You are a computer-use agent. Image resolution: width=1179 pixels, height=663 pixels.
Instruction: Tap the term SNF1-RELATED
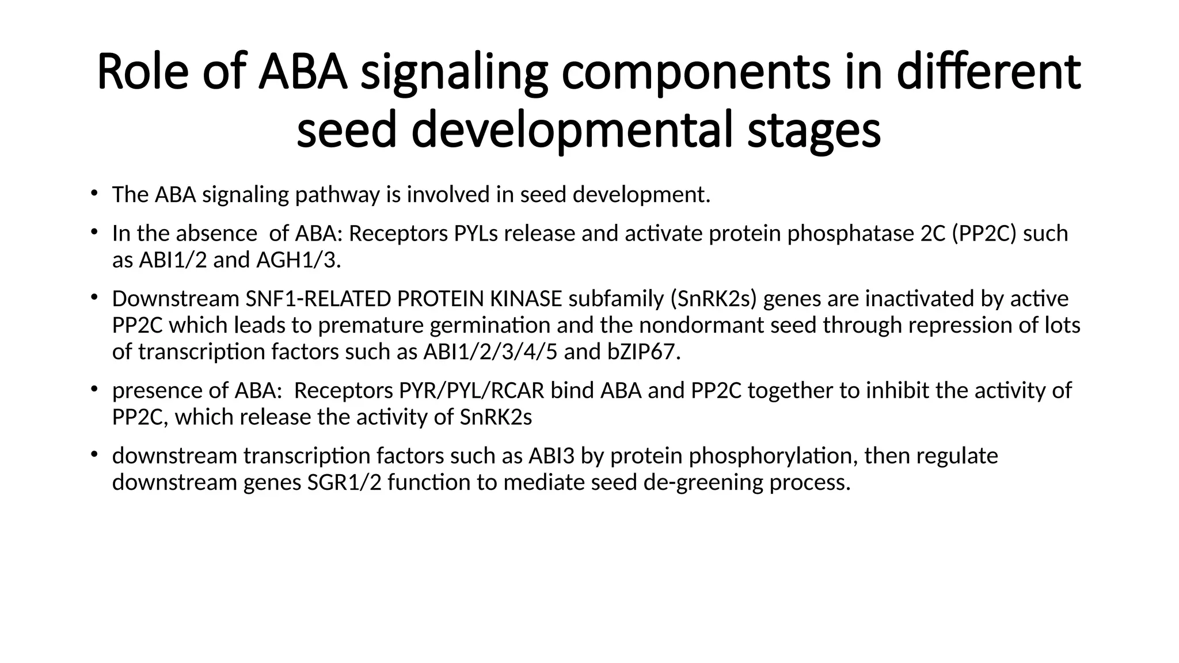(x=318, y=299)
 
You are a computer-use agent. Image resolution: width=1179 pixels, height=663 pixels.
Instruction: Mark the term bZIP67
(x=644, y=352)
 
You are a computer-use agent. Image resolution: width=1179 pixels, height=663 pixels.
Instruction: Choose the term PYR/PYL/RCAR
(x=471, y=390)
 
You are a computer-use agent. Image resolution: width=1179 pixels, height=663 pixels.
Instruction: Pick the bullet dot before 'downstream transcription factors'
(x=93, y=454)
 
